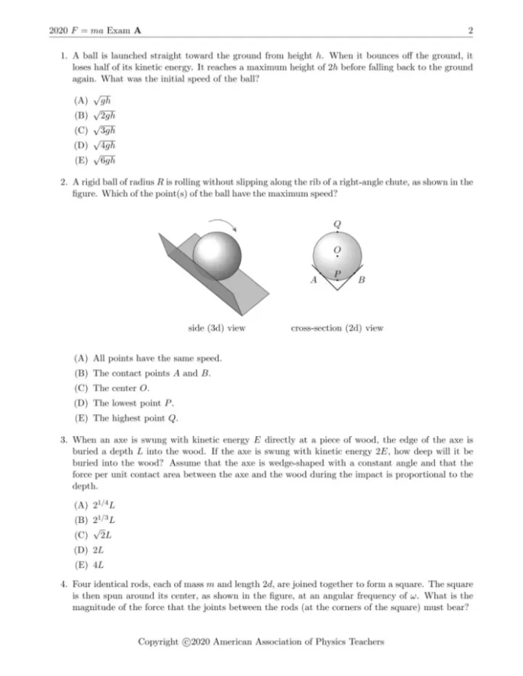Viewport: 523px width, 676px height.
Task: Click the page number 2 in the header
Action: [x=469, y=31]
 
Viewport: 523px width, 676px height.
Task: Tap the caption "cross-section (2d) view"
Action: [x=337, y=328]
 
